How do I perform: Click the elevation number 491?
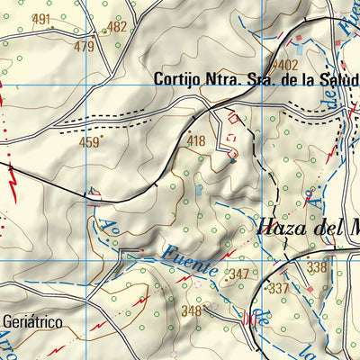(x=40, y=20)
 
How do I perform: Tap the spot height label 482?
(x=117, y=27)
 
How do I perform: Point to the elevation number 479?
(x=85, y=46)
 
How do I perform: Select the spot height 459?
(x=89, y=141)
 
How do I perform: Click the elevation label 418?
(x=196, y=141)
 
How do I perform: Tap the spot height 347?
(x=238, y=274)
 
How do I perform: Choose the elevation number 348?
(x=191, y=311)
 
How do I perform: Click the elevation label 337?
(x=279, y=288)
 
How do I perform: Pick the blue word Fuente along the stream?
(x=192, y=254)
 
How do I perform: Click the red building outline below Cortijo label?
(x=236, y=117)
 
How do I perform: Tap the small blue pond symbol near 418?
(x=199, y=190)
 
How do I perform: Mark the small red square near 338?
(x=310, y=287)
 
